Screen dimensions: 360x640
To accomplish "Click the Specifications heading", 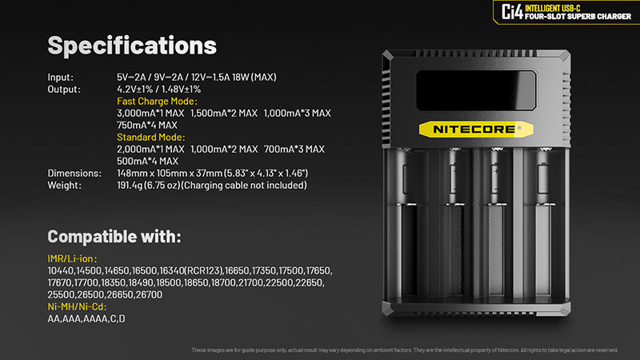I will pos(132,45).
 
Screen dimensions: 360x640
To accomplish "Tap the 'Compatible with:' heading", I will pos(114,237).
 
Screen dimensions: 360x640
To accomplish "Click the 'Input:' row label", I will pos(61,77).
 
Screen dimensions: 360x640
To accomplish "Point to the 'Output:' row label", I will pos(64,89).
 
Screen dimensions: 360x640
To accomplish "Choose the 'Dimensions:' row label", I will pos(73,173).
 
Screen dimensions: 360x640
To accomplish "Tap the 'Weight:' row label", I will pos(64,185).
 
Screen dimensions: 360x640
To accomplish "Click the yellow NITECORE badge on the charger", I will pos(474,127).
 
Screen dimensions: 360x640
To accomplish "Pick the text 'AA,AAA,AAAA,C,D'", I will pos(86,318).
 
